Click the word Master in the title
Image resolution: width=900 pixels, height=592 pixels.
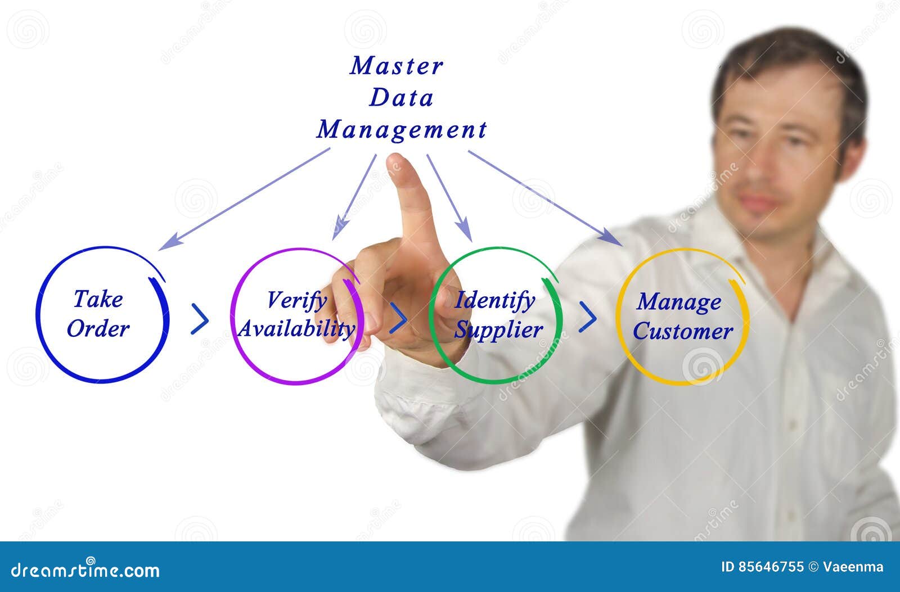pyautogui.click(x=397, y=66)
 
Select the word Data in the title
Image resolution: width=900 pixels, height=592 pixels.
pyautogui.click(x=401, y=98)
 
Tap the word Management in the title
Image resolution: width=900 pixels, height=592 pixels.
pyautogui.click(x=401, y=130)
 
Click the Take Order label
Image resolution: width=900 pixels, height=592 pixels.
pyautogui.click(x=98, y=314)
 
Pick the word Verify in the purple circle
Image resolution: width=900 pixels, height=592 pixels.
pyautogui.click(x=296, y=300)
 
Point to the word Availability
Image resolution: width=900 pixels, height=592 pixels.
pyautogui.click(x=296, y=329)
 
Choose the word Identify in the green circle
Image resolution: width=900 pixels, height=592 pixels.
pyautogui.click(x=495, y=300)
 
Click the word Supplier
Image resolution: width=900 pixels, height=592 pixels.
pyautogui.click(x=498, y=330)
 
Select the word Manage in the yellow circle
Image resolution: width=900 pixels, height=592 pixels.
pyautogui.click(x=679, y=302)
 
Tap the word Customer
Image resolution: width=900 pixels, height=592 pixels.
pyautogui.click(x=683, y=331)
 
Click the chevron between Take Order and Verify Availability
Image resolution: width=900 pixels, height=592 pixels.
pyautogui.click(x=200, y=319)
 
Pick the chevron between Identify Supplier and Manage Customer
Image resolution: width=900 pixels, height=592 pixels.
pyautogui.click(x=588, y=317)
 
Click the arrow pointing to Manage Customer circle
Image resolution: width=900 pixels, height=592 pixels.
pyautogui.click(x=546, y=197)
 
